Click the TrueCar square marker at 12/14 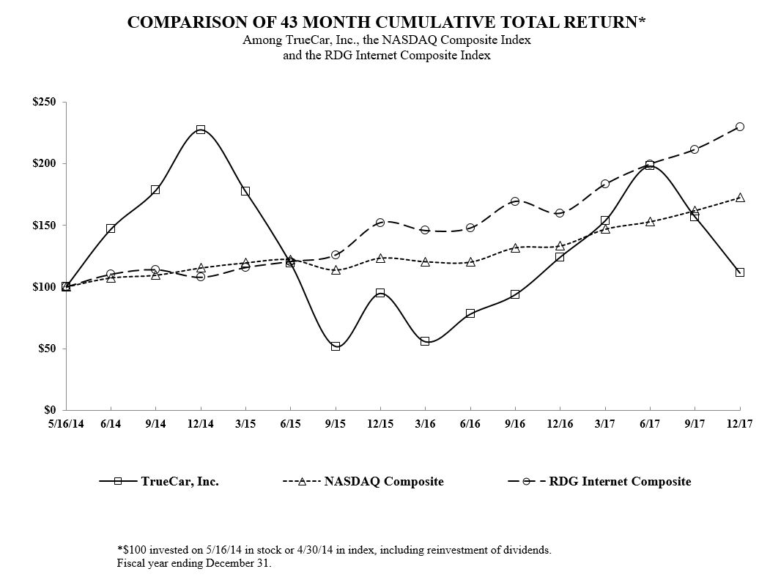[x=201, y=130]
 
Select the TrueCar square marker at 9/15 [x=336, y=346]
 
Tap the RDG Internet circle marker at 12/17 [x=740, y=127]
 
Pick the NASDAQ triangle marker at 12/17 [x=740, y=198]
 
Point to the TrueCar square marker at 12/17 [x=740, y=272]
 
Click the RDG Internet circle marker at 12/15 [x=380, y=223]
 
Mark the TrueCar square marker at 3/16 [x=425, y=341]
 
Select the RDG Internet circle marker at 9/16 [x=515, y=201]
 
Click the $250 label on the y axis [x=44, y=103]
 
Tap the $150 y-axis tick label [x=44, y=226]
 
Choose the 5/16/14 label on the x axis [x=66, y=424]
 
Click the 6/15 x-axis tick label [x=290, y=424]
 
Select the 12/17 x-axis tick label [x=740, y=424]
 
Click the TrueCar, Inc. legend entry [x=180, y=482]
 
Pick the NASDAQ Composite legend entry [x=384, y=482]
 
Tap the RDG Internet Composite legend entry [x=620, y=482]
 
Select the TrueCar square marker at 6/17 [x=650, y=165]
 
